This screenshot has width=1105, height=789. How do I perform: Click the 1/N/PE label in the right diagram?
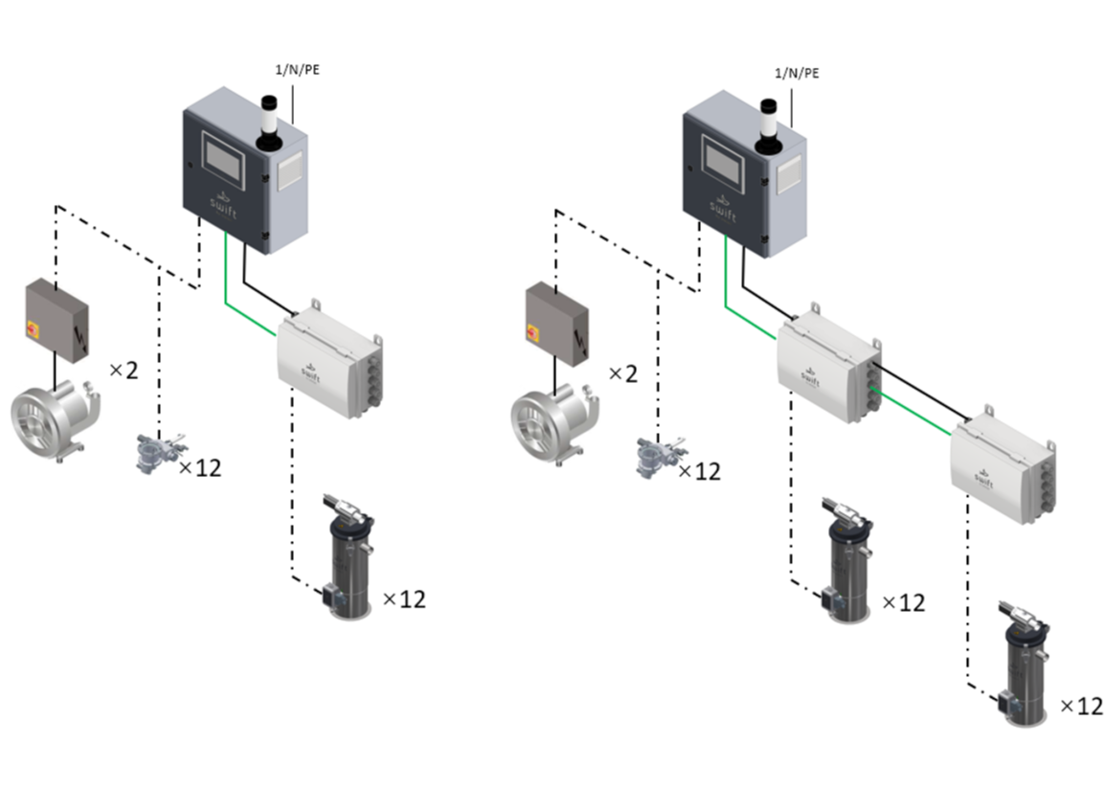797,73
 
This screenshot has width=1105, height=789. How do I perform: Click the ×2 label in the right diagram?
623,373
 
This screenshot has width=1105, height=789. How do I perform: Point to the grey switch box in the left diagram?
56,319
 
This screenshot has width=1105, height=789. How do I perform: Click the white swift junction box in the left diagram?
328,359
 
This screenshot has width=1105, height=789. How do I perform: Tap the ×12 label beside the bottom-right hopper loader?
1081,707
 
